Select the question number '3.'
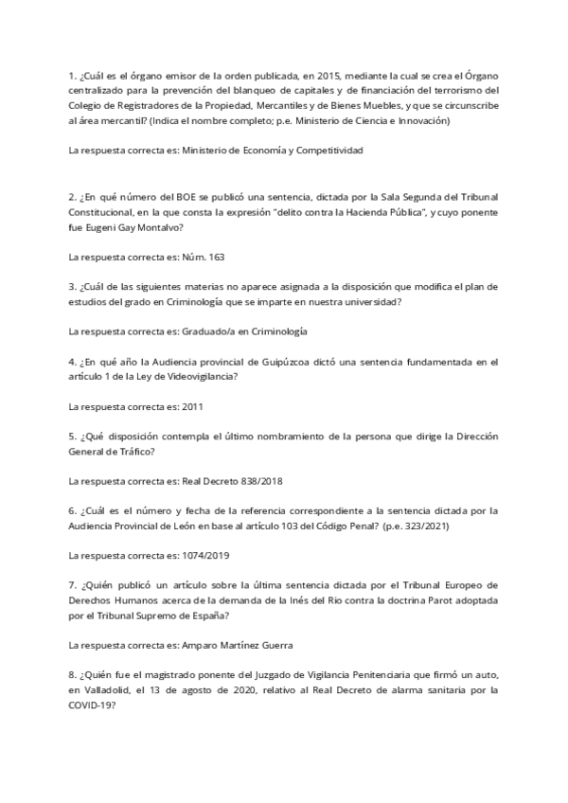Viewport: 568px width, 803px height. click(73, 286)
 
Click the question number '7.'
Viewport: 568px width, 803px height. click(73, 585)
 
